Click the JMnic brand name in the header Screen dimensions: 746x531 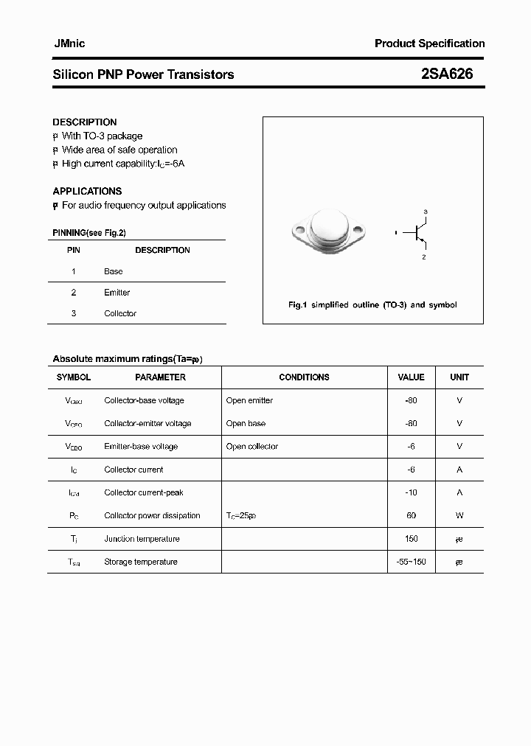coord(69,43)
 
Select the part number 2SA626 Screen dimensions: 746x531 coord(447,74)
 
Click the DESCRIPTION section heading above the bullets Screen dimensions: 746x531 coord(85,122)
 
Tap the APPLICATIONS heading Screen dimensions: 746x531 coord(87,191)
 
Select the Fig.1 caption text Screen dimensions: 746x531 coord(372,304)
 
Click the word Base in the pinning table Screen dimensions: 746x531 coord(114,271)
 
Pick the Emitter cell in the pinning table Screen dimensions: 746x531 coord(117,293)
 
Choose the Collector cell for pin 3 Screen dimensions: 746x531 coord(120,313)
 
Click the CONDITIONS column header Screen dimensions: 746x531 coord(304,377)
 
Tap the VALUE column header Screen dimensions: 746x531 coord(411,377)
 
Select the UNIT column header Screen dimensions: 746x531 coord(459,377)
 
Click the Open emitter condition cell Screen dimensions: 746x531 coord(249,400)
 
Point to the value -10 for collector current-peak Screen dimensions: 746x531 coord(411,492)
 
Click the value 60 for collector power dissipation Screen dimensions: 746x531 coord(411,515)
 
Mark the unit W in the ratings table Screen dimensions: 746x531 coord(459,515)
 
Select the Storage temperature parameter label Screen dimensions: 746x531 coord(141,562)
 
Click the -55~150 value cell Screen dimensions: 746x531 coord(411,562)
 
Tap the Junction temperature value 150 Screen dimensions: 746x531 coord(411,539)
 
